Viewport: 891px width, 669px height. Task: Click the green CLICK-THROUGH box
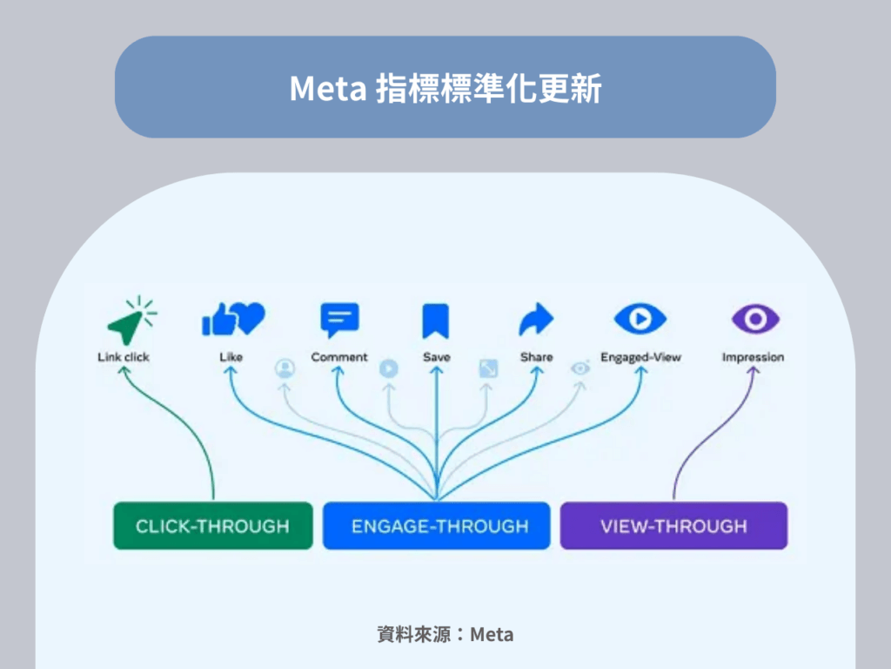(212, 525)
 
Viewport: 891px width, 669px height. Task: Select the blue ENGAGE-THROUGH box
(437, 525)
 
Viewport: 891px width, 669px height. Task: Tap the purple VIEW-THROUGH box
(673, 525)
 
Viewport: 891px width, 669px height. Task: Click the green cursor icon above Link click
(129, 321)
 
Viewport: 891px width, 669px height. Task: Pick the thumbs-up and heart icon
(232, 320)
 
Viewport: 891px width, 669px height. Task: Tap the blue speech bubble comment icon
(339, 321)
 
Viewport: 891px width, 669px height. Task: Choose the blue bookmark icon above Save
(436, 321)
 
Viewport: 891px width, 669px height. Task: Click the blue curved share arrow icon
(536, 320)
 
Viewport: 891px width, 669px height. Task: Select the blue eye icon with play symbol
(640, 319)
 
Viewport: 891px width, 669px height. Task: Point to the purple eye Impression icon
(753, 319)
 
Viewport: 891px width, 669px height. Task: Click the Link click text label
(124, 357)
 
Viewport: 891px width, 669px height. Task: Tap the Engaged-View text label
(640, 357)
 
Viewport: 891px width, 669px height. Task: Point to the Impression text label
(753, 357)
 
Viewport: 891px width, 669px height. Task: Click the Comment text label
(339, 357)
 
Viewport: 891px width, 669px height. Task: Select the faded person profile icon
(284, 368)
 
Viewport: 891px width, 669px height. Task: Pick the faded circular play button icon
(389, 368)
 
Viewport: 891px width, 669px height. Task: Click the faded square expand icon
(488, 368)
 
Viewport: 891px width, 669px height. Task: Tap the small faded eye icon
(580, 368)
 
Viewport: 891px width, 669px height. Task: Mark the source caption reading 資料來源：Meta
(445, 634)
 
